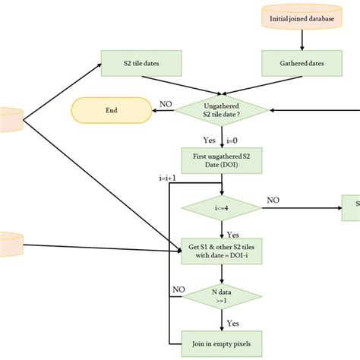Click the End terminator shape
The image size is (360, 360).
tap(111, 110)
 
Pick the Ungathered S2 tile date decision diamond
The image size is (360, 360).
tap(221, 110)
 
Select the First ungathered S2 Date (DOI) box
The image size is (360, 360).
tap(221, 161)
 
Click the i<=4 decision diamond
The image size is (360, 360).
tap(221, 207)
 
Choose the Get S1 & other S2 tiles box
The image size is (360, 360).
tap(221, 251)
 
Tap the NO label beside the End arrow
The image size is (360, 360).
tap(164, 104)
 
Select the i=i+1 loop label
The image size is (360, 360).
tap(169, 178)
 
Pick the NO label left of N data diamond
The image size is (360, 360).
tap(178, 289)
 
